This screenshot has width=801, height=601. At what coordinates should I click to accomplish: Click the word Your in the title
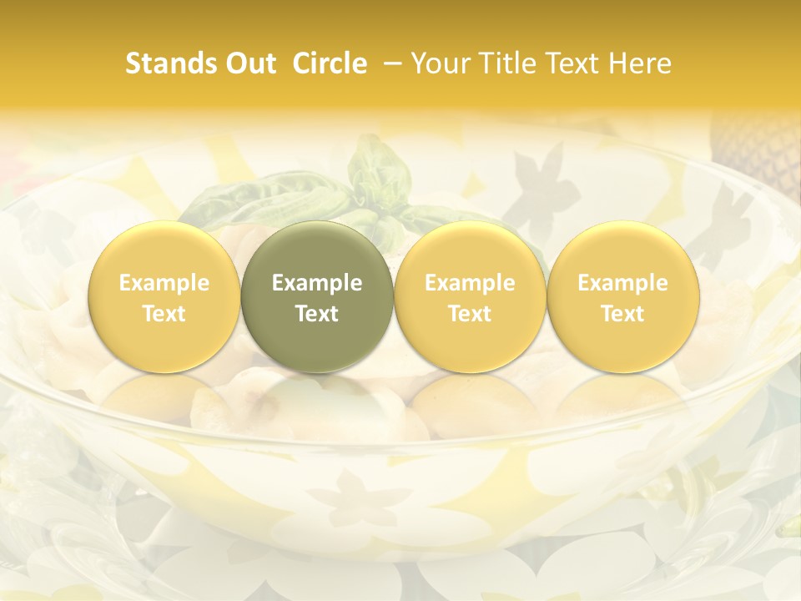(439, 63)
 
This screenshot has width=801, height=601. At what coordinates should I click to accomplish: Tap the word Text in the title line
(572, 63)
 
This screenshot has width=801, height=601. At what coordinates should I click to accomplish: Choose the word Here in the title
(640, 63)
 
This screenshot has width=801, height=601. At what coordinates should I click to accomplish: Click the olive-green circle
(317, 296)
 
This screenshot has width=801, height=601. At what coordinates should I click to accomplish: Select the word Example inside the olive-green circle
(317, 283)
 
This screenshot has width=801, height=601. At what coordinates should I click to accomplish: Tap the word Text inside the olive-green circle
(317, 314)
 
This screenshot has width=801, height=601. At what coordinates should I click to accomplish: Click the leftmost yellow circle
(164, 296)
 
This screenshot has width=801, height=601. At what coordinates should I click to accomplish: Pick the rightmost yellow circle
(623, 296)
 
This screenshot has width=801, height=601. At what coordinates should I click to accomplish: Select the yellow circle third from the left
(470, 296)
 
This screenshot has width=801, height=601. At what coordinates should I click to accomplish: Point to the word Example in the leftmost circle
(164, 283)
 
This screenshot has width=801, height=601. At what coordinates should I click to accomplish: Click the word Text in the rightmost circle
(623, 314)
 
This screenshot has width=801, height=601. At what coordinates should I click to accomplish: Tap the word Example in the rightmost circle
(623, 283)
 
